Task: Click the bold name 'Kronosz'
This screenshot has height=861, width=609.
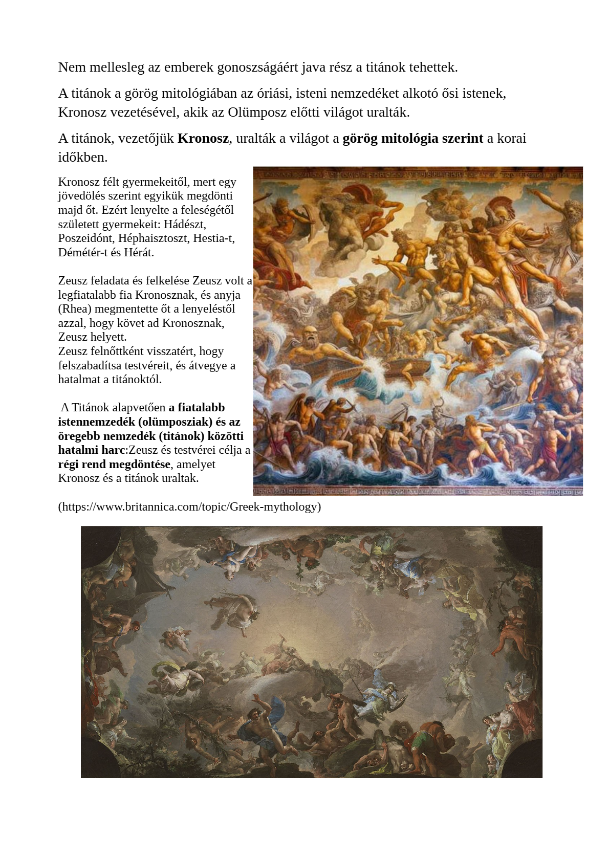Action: pyautogui.click(x=203, y=139)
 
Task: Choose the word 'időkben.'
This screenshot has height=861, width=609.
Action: pyautogui.click(x=83, y=158)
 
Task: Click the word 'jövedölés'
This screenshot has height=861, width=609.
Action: pyautogui.click(x=81, y=196)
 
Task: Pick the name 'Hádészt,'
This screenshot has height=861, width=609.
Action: pyautogui.click(x=185, y=224)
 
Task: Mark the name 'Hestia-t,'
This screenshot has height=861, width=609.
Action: pyautogui.click(x=214, y=238)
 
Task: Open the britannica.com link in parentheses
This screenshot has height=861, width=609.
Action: pyautogui.click(x=189, y=507)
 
